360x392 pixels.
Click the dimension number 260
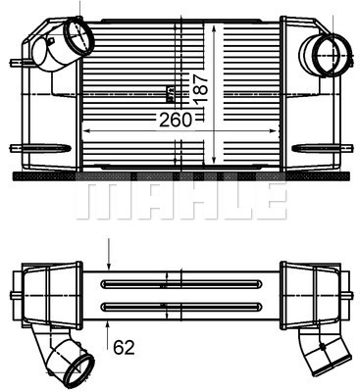[x=176, y=120]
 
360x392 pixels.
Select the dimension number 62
[x=124, y=348]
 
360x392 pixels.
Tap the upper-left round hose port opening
[x=78, y=37]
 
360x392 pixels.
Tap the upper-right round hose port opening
[x=333, y=55]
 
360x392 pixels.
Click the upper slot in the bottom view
[x=182, y=284]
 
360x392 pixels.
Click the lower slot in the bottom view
[x=182, y=307]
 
